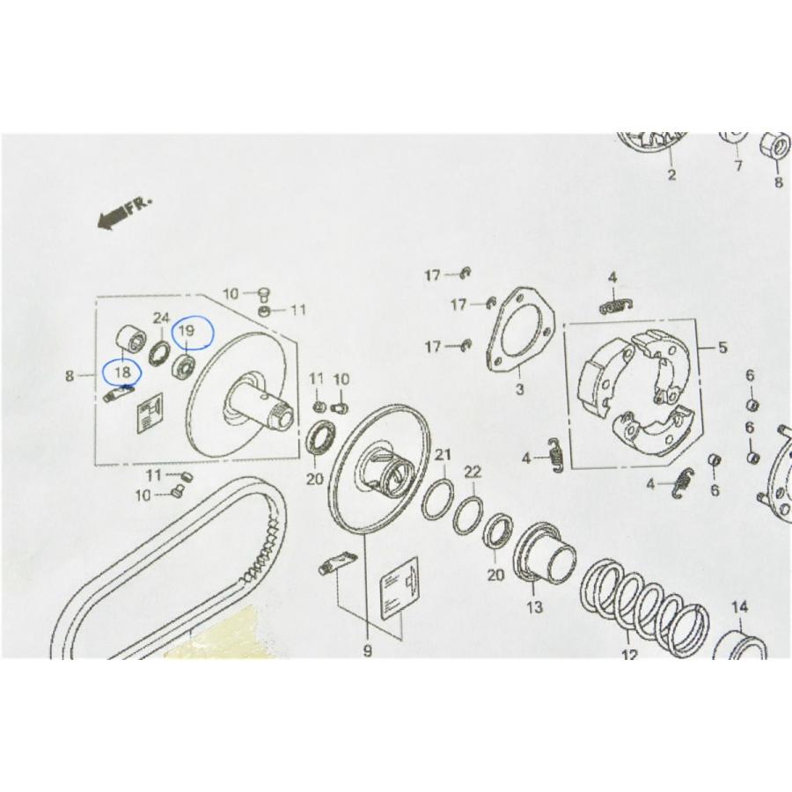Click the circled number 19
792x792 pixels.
point(187,332)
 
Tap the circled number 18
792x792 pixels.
point(122,372)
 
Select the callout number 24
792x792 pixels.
point(161,319)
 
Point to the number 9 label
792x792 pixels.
point(367,651)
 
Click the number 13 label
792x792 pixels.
point(534,606)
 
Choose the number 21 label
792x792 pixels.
point(443,455)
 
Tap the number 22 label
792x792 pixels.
point(473,472)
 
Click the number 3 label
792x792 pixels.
point(520,390)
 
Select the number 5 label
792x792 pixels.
point(722,348)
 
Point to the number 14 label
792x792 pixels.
point(739,606)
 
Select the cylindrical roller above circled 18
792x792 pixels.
point(131,337)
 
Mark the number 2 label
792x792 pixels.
point(671,175)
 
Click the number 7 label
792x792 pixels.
point(738,165)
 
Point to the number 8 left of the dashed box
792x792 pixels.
point(70,375)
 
